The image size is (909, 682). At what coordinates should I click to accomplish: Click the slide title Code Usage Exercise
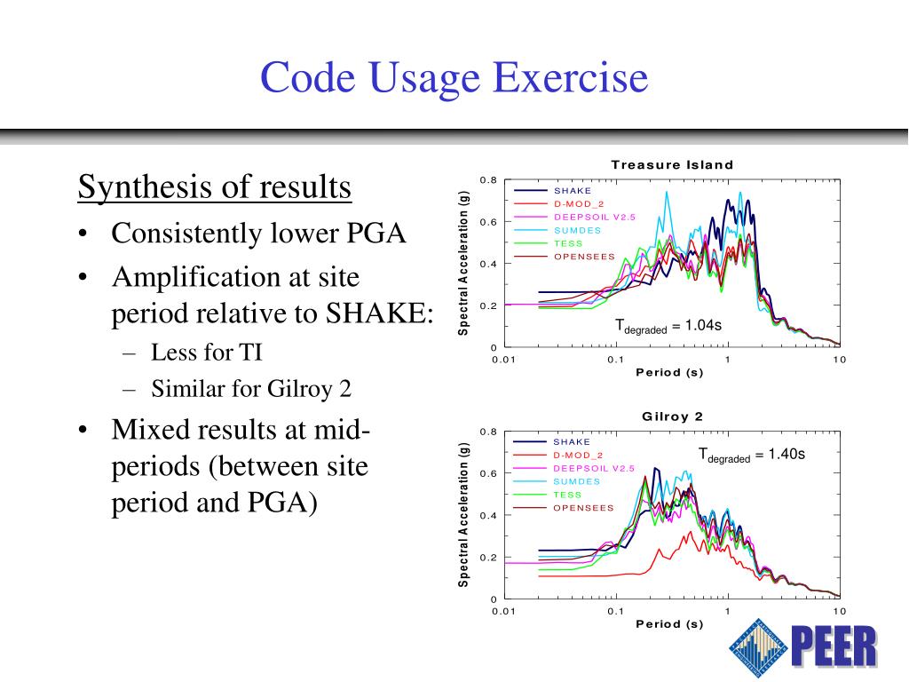pyautogui.click(x=454, y=77)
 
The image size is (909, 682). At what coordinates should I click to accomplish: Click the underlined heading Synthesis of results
pyautogui.click(x=215, y=187)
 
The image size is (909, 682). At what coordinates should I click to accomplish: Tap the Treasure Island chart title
pyautogui.click(x=672, y=164)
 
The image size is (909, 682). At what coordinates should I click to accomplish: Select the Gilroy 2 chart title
pyautogui.click(x=672, y=416)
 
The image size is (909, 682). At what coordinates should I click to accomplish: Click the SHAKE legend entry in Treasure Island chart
pyautogui.click(x=573, y=190)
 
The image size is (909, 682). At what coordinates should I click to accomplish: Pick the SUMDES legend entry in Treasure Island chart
pyautogui.click(x=577, y=230)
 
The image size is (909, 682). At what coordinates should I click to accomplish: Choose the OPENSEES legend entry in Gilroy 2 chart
pyautogui.click(x=583, y=508)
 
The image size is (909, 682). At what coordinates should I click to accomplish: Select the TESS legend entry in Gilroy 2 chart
pyautogui.click(x=567, y=495)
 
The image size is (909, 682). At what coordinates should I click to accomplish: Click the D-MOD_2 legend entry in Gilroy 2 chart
pyautogui.click(x=578, y=455)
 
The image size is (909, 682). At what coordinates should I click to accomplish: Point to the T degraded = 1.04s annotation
pyautogui.click(x=668, y=327)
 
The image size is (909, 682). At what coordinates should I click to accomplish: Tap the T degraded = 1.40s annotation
pyautogui.click(x=751, y=456)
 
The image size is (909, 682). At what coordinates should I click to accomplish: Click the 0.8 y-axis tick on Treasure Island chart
pyautogui.click(x=488, y=180)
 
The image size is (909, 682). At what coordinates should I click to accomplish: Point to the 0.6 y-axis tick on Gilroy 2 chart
pyautogui.click(x=488, y=473)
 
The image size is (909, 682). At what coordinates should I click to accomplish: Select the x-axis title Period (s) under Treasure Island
pyautogui.click(x=669, y=372)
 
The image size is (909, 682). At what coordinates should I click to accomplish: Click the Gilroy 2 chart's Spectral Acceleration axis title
pyautogui.click(x=462, y=514)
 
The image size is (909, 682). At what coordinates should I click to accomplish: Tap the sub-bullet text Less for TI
pyautogui.click(x=206, y=353)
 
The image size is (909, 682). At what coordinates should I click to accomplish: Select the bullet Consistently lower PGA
pyautogui.click(x=257, y=234)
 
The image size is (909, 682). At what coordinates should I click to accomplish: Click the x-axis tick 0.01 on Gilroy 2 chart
pyautogui.click(x=503, y=612)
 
